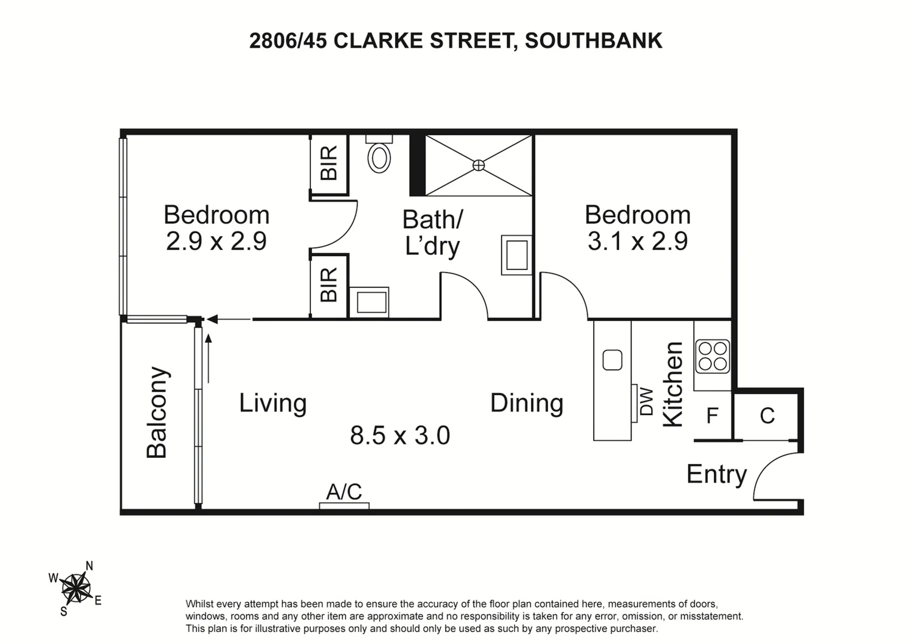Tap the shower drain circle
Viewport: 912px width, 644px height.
pos(478,165)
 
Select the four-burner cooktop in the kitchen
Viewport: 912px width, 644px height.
pos(712,356)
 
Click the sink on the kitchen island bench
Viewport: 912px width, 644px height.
pos(612,360)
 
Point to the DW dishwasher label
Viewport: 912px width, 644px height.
pos(647,402)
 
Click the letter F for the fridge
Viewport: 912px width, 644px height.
pos(712,416)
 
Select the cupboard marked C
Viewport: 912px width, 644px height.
pos(767,416)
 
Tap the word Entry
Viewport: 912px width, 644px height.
pos(716,475)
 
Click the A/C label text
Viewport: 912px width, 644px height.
pos(344,492)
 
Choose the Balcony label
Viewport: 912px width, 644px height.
pos(158,412)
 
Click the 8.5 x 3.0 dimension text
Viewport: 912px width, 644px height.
pos(400,435)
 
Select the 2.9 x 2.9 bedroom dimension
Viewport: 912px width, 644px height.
pos(216,241)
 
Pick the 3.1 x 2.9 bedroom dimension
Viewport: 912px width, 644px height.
pos(637,241)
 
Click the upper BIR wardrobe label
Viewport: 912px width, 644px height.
pos(329,163)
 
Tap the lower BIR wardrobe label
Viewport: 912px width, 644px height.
pos(329,284)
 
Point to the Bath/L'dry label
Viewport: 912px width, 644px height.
pos(432,233)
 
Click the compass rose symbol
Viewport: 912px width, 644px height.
pos(76,589)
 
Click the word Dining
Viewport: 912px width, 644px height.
pos(526,403)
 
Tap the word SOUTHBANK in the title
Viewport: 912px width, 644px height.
pos(593,41)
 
